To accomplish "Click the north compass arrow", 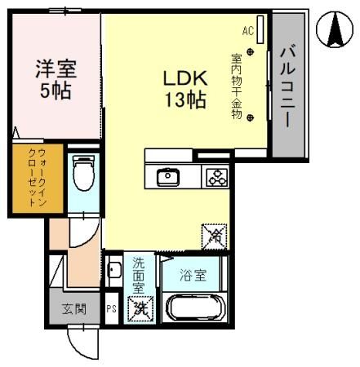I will pos(335,30).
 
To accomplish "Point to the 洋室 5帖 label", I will pos(55,79).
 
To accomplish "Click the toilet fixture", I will pos(82,174).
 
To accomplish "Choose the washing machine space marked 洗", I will pos(140,310).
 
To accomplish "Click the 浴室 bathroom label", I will pos(193,275).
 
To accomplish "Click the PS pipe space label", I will pos(112,310).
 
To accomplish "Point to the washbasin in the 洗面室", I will pos(114,270).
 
